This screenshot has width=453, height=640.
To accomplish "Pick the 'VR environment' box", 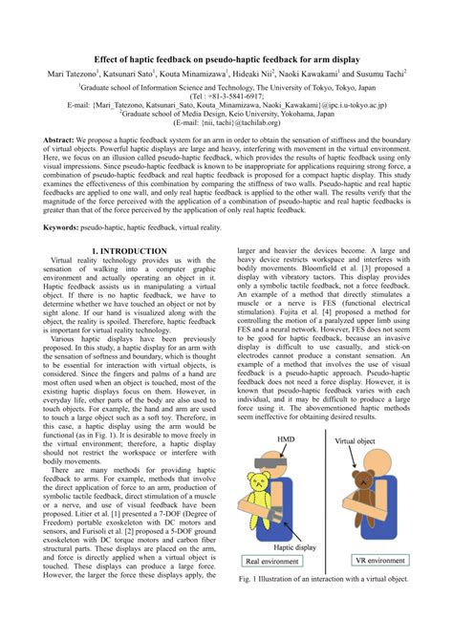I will [383, 587].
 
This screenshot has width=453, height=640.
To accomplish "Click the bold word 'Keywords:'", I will [61, 227].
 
